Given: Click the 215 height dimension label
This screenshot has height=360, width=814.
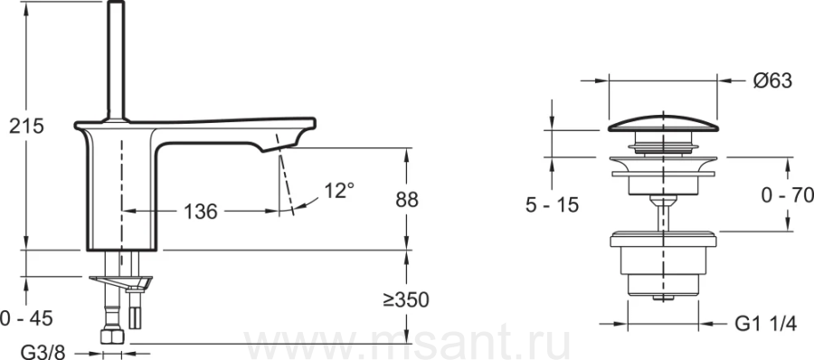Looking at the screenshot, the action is click(26, 127).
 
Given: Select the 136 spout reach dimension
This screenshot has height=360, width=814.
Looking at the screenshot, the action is click(201, 212).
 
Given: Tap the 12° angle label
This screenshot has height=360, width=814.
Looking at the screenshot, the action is click(339, 191).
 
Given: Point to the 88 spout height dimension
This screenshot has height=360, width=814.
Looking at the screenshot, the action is click(406, 200).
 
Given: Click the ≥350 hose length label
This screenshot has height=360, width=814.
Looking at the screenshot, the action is click(406, 299).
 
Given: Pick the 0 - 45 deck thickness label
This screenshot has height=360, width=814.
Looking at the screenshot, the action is click(26, 318).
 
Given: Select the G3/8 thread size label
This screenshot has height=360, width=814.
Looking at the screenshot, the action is click(43, 353).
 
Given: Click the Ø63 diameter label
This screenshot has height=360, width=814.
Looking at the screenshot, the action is click(772, 81).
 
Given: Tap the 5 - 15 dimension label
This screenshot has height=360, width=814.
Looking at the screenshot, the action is click(552, 205).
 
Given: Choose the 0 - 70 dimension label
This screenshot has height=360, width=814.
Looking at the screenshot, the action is click(787, 195).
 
